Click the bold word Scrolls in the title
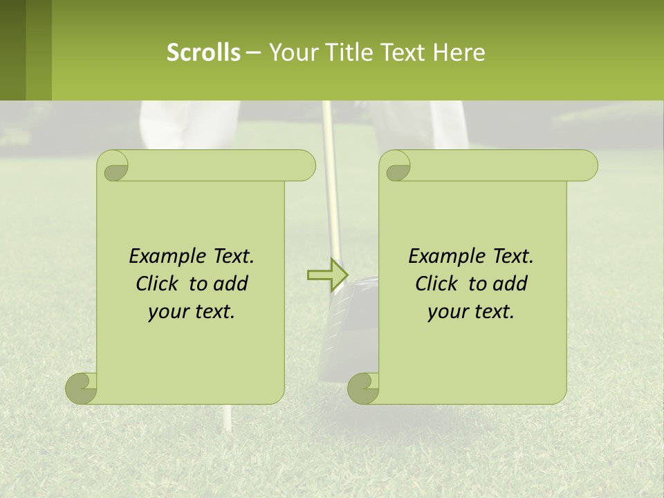click(x=203, y=52)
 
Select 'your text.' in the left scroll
click(x=192, y=311)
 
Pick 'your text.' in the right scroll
click(x=471, y=311)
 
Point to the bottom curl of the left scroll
click(x=81, y=389)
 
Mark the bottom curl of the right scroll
click(x=363, y=389)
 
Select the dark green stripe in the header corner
click(x=12, y=50)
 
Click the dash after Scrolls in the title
click(x=253, y=52)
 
